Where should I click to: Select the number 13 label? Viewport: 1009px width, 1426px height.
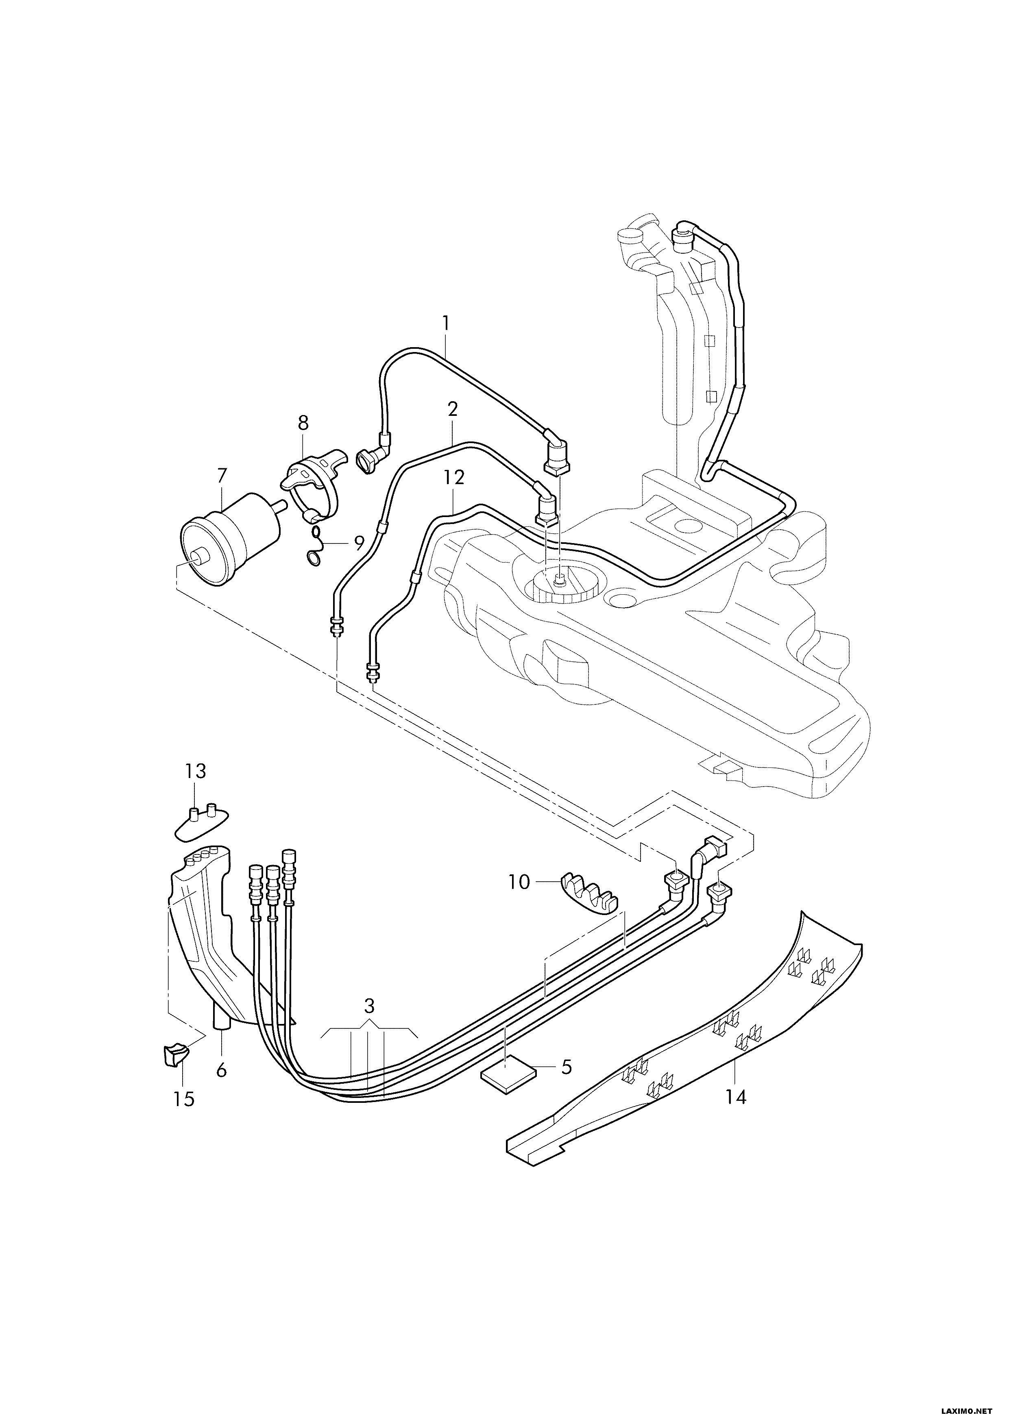click(x=195, y=772)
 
